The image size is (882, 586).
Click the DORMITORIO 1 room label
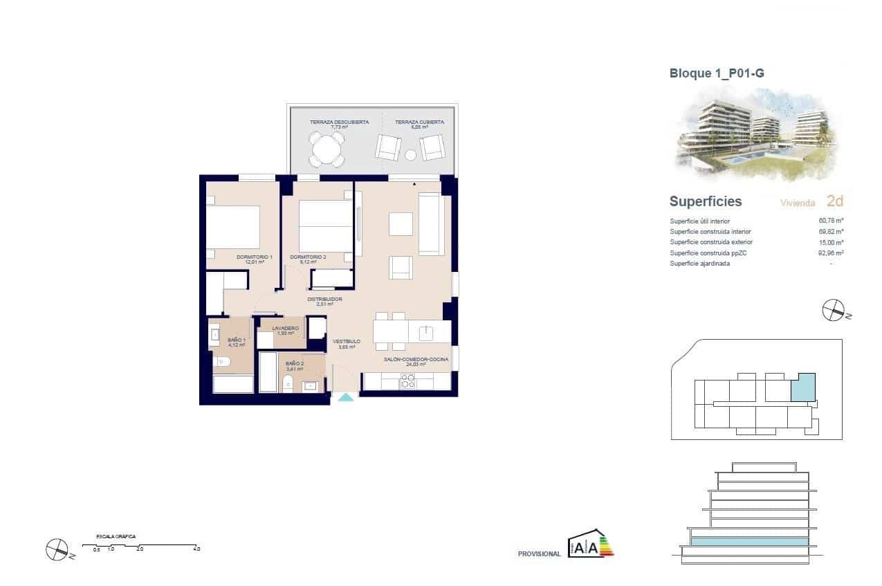(254, 257)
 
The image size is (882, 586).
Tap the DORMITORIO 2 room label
(308, 257)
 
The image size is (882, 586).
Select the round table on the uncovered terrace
(327, 148)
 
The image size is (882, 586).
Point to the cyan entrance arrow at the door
(344, 396)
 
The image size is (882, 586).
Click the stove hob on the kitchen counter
(408, 381)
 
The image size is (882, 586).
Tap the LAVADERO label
(285, 329)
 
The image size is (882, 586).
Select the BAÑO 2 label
(295, 363)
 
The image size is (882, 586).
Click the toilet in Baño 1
(221, 361)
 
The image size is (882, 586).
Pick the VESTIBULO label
(346, 342)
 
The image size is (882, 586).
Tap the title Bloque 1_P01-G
(717, 73)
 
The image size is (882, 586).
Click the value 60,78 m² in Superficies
(831, 221)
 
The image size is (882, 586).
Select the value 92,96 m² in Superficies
(831, 253)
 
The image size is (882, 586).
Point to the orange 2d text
(835, 201)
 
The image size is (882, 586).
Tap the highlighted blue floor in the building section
(748, 542)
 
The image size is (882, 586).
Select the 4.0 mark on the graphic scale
(196, 549)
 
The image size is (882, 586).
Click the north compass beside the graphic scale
(55, 549)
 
